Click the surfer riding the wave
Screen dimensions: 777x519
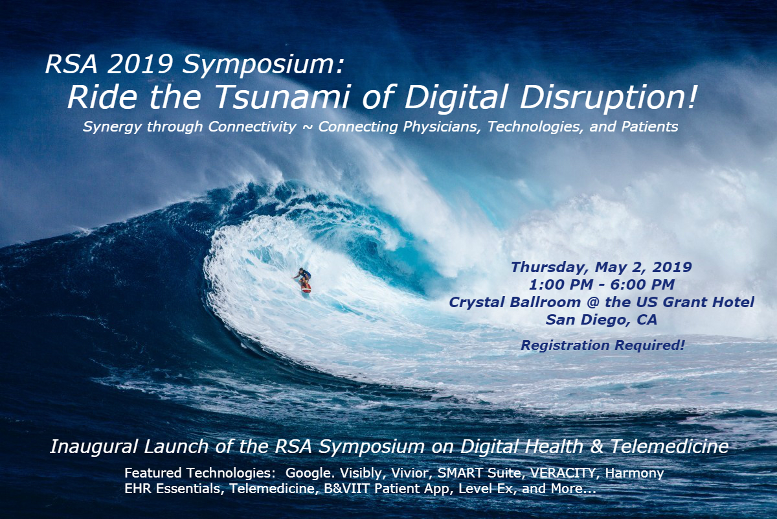click(x=303, y=279)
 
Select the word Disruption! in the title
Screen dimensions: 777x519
click(x=608, y=98)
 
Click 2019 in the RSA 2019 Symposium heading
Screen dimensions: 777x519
click(x=140, y=64)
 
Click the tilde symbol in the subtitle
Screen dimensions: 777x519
click(x=307, y=128)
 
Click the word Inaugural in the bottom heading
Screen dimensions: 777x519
click(x=95, y=447)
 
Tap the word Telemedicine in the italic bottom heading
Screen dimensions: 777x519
click(x=669, y=446)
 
